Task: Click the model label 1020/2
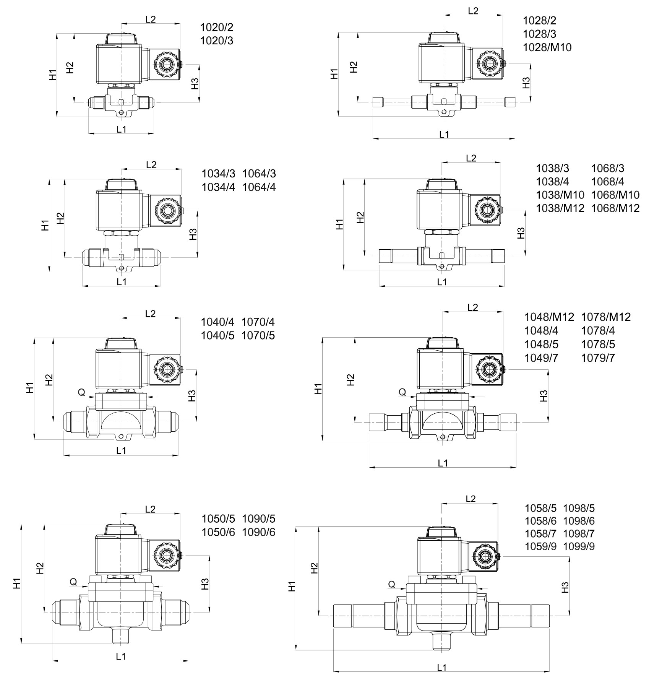coord(217,28)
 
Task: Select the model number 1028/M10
coord(547,47)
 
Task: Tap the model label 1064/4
coord(259,187)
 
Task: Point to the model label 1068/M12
coord(615,208)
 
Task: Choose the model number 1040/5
coord(217,335)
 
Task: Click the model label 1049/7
coord(541,358)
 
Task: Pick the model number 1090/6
coord(258,532)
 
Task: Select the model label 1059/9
coord(540,546)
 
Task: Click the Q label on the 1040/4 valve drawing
coord(81,392)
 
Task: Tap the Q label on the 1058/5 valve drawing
coord(392,584)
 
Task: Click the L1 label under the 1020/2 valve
coord(121,129)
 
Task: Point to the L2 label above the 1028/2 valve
coord(473,11)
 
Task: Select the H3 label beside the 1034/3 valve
coord(193,234)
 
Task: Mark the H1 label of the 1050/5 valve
coord(16,584)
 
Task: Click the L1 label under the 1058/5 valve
coord(441,668)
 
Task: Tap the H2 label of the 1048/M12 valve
coord(350,380)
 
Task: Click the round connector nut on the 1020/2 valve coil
coord(167,65)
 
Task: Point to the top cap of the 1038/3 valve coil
coord(441,185)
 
